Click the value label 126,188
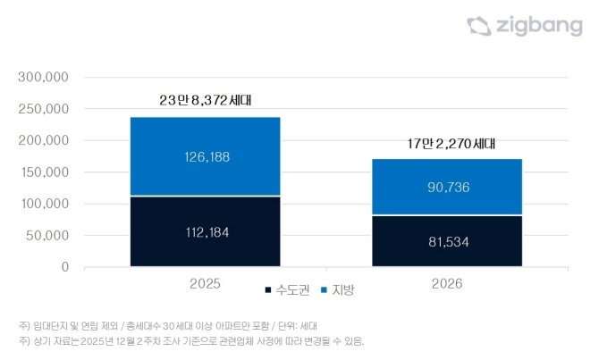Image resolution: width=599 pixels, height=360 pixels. pos(205,156)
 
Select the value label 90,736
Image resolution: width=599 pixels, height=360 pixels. pos(447,188)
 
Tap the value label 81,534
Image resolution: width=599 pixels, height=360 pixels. pos(447,241)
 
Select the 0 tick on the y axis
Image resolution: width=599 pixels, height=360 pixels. pos(65,267)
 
